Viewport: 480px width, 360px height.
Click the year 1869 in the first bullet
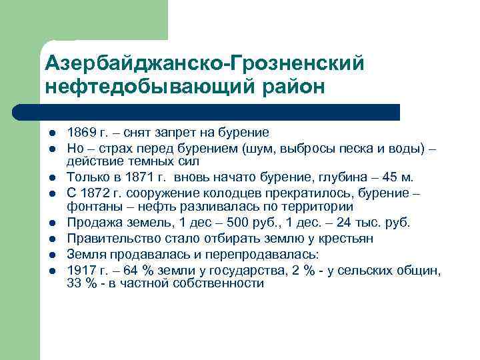click(x=81, y=133)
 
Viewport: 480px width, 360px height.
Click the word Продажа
click(x=93, y=223)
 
